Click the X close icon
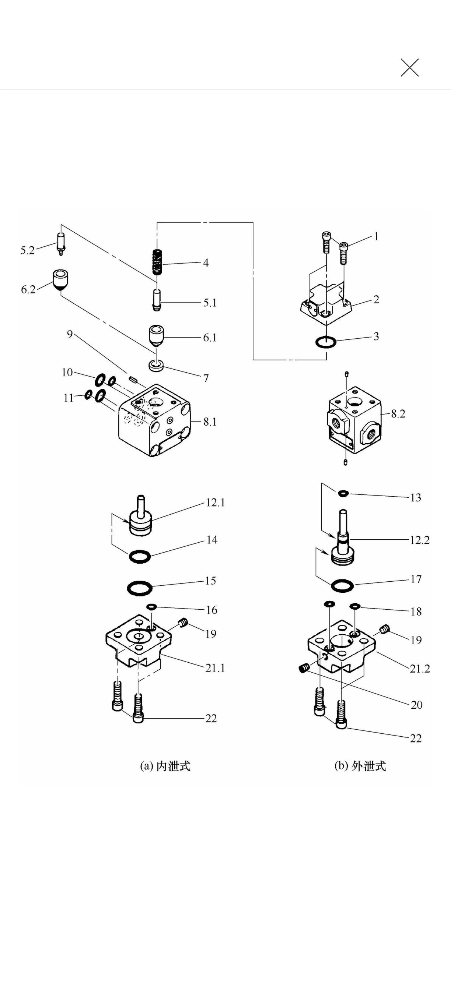409,67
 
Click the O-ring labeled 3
325,342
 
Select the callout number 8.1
210,422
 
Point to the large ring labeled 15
140,588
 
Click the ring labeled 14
139,556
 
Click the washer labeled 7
156,366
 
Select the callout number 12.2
419,540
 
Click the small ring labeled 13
343,493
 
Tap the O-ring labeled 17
342,586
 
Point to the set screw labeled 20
305,668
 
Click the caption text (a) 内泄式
165,766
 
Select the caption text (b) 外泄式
360,766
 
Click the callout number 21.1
215,667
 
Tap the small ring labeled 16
152,607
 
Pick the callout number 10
67,372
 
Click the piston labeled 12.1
140,517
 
